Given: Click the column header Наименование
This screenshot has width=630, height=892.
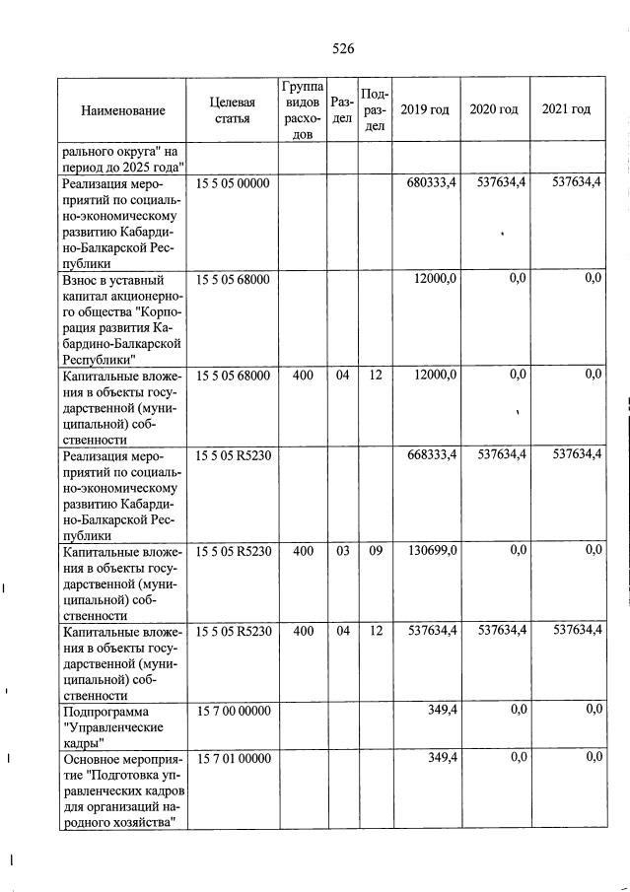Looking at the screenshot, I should click(x=123, y=110).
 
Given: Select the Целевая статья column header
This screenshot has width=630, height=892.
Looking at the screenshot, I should click(x=233, y=110).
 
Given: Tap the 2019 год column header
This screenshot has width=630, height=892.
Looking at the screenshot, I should click(x=425, y=109).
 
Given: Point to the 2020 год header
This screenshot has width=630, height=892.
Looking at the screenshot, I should click(x=494, y=109).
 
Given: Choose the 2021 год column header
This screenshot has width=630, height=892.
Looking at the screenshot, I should click(x=567, y=109).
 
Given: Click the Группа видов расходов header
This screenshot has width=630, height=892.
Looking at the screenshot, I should click(x=301, y=109).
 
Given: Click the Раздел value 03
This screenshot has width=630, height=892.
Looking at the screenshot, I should click(x=343, y=550).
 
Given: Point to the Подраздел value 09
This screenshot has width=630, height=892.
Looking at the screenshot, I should click(x=376, y=550).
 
